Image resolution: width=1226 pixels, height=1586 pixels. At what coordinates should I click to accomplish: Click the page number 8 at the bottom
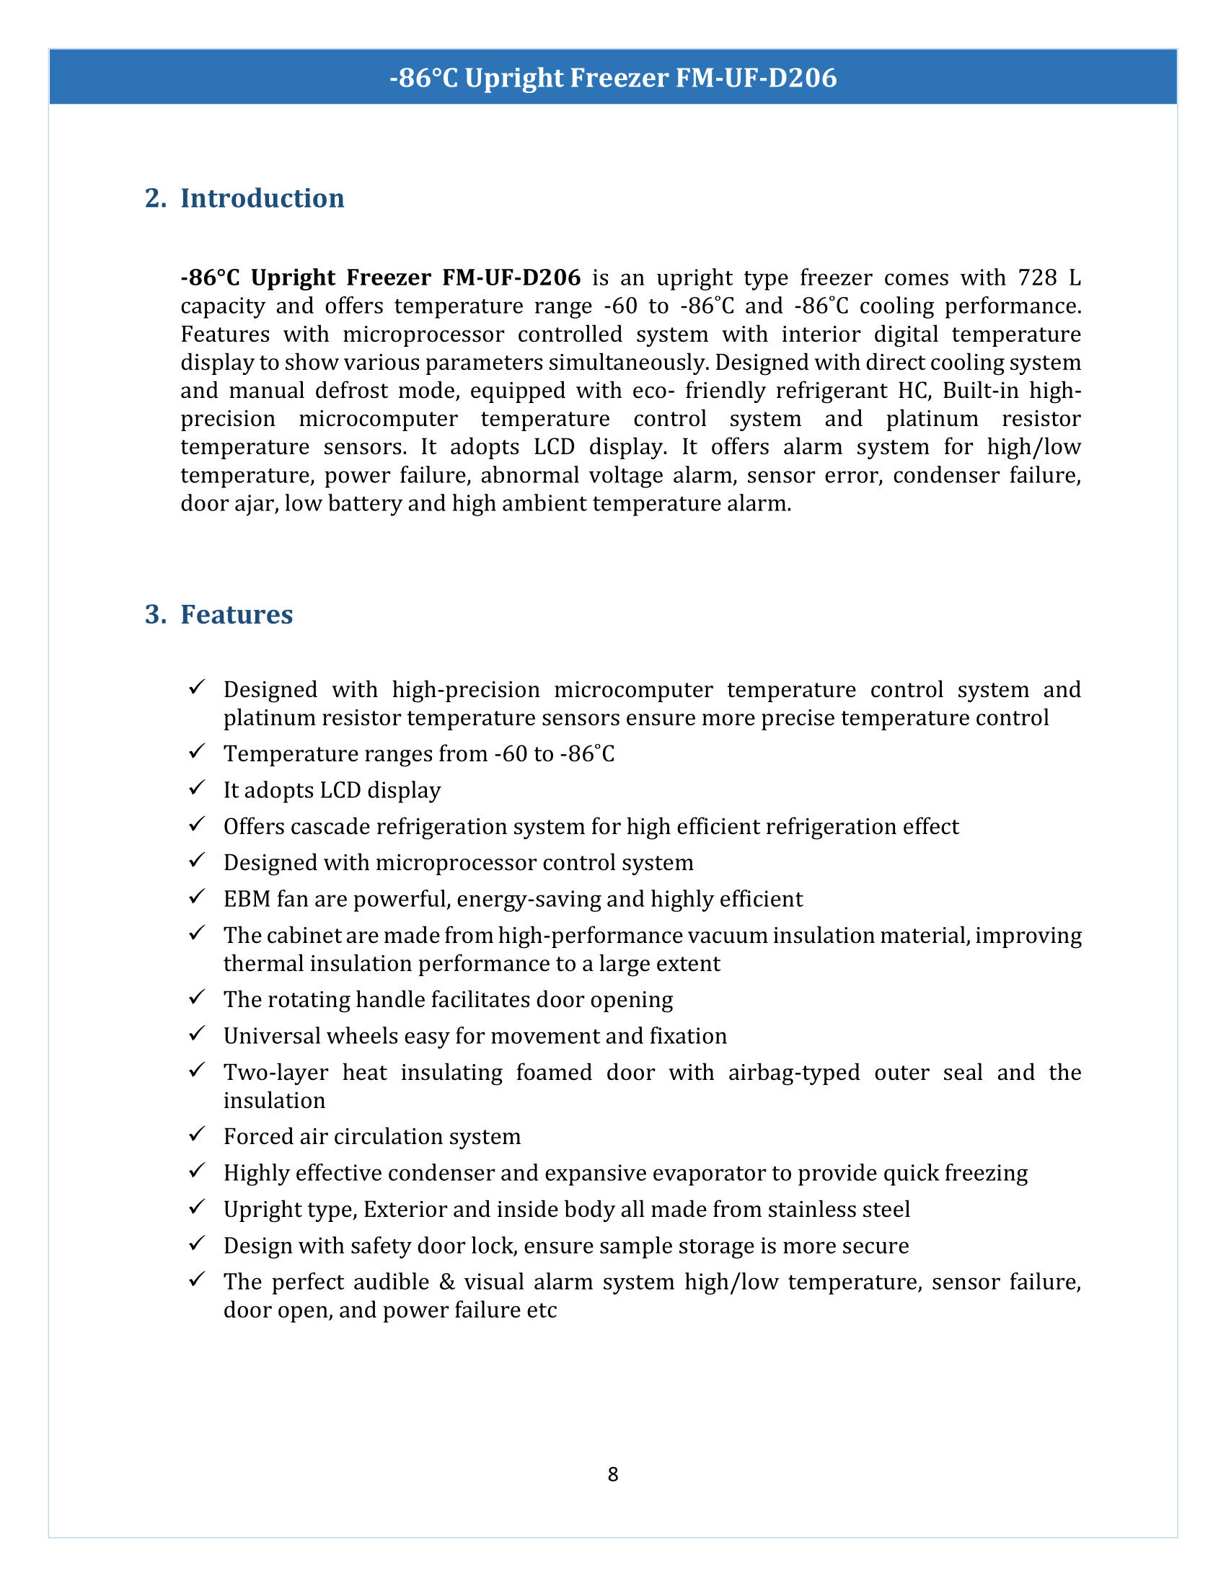[x=612, y=1474]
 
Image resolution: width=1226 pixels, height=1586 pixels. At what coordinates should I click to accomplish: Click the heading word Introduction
[x=263, y=198]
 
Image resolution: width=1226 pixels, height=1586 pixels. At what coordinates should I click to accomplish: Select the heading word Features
[x=237, y=614]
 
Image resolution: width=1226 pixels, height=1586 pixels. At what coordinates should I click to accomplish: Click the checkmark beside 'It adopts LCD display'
[x=197, y=788]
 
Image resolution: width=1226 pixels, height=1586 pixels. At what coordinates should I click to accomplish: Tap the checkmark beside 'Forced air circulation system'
[x=197, y=1134]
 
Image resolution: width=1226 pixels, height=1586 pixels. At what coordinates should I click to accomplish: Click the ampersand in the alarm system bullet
[x=446, y=1282]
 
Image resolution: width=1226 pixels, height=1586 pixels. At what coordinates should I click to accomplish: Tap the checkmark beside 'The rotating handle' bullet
[x=197, y=998]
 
